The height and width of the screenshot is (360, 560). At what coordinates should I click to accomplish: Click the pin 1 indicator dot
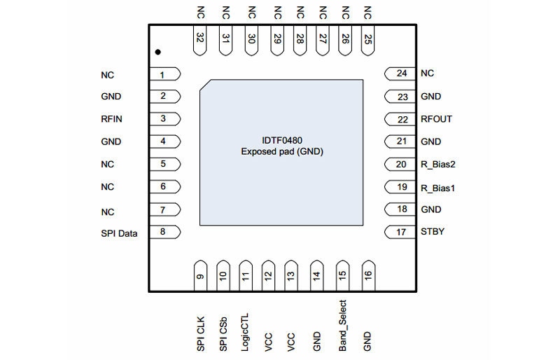point(158,53)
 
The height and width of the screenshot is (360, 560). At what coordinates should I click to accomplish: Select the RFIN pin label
point(111,119)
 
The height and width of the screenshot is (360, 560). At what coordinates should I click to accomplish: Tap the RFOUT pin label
point(436,119)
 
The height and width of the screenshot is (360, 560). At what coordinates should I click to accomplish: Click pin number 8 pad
point(165,233)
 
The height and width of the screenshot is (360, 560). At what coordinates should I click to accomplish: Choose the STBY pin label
point(433,232)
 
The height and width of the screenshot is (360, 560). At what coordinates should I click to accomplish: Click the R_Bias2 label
point(438,165)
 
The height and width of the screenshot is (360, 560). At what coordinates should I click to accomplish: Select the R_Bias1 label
point(438,188)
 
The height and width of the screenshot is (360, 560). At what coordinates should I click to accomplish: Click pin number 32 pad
point(201,39)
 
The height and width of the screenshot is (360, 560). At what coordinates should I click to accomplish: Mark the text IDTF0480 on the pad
point(282,140)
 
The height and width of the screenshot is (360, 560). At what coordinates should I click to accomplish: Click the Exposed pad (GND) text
point(282,151)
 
